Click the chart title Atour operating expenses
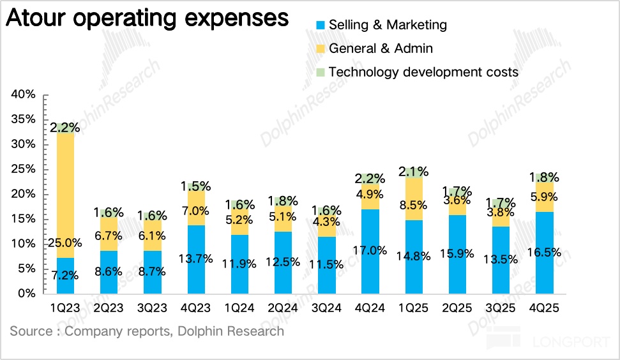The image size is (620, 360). pos(147,17)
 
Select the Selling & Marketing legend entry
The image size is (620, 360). pos(388,26)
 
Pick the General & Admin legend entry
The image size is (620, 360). pos(381,49)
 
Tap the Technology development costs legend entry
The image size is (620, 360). pos(423,71)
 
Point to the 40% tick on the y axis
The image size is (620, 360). pos(23,94)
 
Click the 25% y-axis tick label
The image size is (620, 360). pos(23,169)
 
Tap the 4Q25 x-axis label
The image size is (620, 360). pos(545,308)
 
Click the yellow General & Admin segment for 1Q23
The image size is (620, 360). pos(66,191)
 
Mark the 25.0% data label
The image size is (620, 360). pos(66,243)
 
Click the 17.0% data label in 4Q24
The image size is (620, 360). pos(370,250)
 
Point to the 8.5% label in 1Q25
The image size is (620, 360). pos(414,206)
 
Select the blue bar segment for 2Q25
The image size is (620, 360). pos(457,268)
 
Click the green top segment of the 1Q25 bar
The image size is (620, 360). pos(414,172)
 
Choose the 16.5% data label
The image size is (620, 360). pos(545,251)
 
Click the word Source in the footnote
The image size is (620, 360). pos(30,331)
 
